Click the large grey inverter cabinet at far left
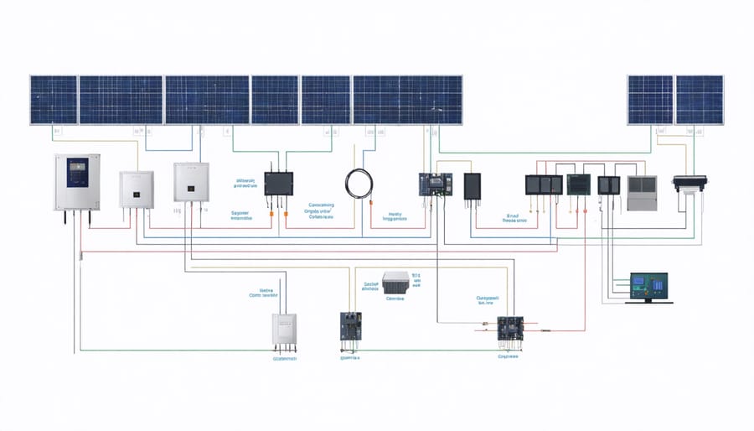(x=77, y=183)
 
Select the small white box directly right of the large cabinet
(x=137, y=189)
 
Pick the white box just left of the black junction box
(x=189, y=181)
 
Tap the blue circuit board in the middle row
(x=435, y=185)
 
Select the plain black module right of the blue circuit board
(x=473, y=185)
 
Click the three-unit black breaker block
(x=543, y=185)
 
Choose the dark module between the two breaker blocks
(x=579, y=185)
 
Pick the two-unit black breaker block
(x=608, y=185)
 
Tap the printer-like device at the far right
(x=690, y=184)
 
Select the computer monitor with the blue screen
(x=647, y=288)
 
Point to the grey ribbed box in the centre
(x=395, y=283)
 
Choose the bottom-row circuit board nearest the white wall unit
(x=349, y=325)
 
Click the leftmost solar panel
(x=54, y=101)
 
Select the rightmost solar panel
(x=700, y=101)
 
